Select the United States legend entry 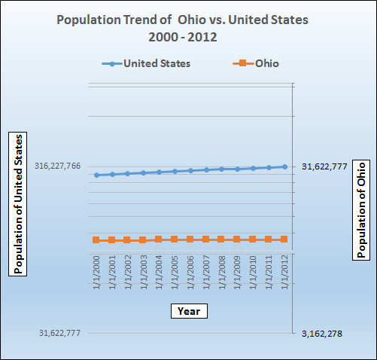coord(147,63)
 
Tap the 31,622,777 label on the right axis coord(324,166)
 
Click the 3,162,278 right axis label coord(321,333)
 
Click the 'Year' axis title coord(187,310)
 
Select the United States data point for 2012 coord(284,166)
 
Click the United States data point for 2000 coord(96,175)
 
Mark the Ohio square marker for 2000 coord(96,239)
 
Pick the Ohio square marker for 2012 coord(284,239)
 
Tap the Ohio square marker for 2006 coord(190,239)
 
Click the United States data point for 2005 coord(175,171)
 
